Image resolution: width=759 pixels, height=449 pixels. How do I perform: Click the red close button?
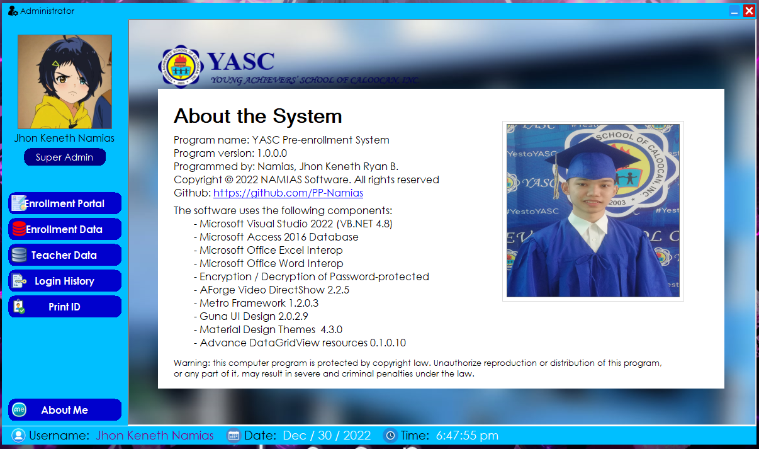(x=749, y=11)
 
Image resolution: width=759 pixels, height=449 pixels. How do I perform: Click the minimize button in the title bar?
(x=734, y=11)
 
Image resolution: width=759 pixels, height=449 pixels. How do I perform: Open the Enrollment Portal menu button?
(x=65, y=203)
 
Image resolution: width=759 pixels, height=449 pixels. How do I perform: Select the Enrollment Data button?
(x=65, y=229)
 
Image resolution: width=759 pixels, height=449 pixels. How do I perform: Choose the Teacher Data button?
(x=65, y=254)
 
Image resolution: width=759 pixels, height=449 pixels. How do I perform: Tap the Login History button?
(x=65, y=280)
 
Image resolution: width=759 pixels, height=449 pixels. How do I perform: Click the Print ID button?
(x=65, y=306)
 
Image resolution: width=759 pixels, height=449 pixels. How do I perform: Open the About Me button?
(x=65, y=410)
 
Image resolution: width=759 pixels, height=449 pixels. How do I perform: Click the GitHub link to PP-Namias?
(x=288, y=193)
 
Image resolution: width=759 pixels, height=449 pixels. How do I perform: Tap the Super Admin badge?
(x=65, y=157)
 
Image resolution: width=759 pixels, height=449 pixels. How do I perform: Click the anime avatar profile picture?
(x=65, y=81)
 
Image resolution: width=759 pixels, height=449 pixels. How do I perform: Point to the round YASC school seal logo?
(x=181, y=67)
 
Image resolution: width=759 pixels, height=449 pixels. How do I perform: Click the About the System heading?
(x=258, y=116)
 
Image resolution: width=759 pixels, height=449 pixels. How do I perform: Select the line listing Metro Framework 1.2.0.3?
(x=256, y=303)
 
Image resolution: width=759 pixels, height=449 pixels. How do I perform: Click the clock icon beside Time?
(x=390, y=435)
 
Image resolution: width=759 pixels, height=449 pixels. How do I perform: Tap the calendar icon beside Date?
(x=233, y=435)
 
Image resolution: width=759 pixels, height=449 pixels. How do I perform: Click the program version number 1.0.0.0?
(x=272, y=153)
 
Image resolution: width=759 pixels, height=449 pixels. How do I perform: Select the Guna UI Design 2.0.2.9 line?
(x=251, y=316)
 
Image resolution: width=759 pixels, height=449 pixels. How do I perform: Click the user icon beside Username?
(x=19, y=435)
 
